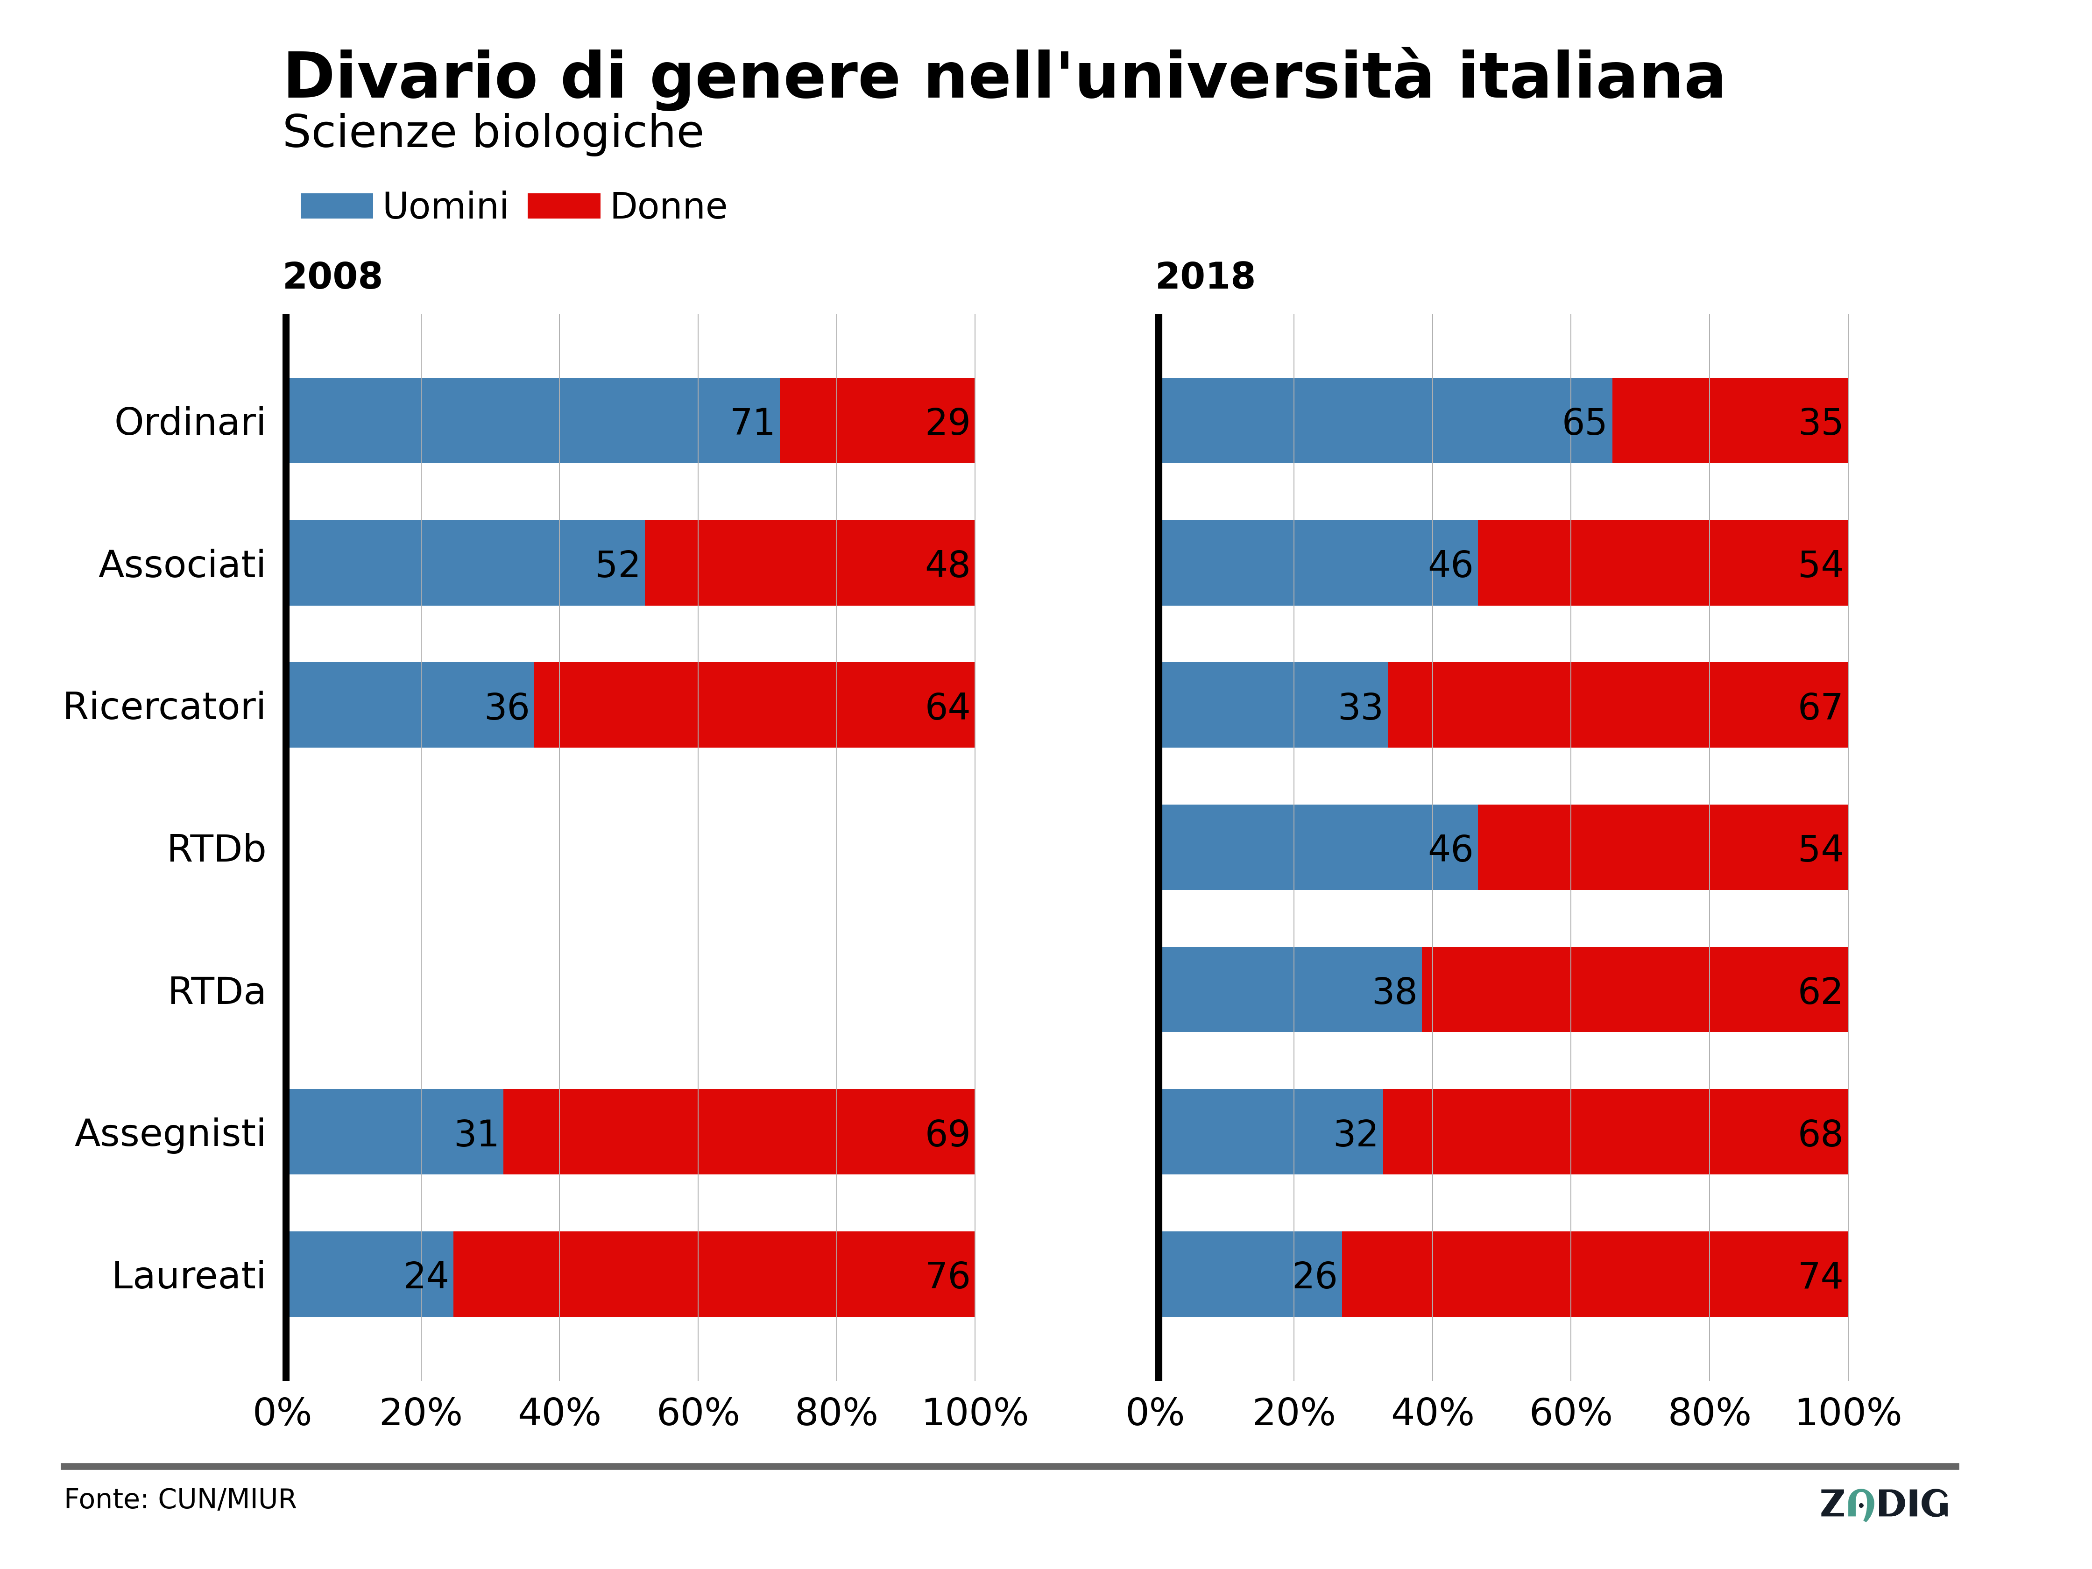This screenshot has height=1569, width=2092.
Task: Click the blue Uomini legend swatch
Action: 337,206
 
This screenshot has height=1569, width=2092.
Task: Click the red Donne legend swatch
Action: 564,206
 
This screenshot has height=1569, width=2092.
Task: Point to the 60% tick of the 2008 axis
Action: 698,1413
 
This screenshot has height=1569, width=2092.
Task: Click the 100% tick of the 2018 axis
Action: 1848,1413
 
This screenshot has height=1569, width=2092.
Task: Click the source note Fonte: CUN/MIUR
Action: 180,1500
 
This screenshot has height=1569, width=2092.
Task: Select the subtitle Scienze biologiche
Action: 493,133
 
